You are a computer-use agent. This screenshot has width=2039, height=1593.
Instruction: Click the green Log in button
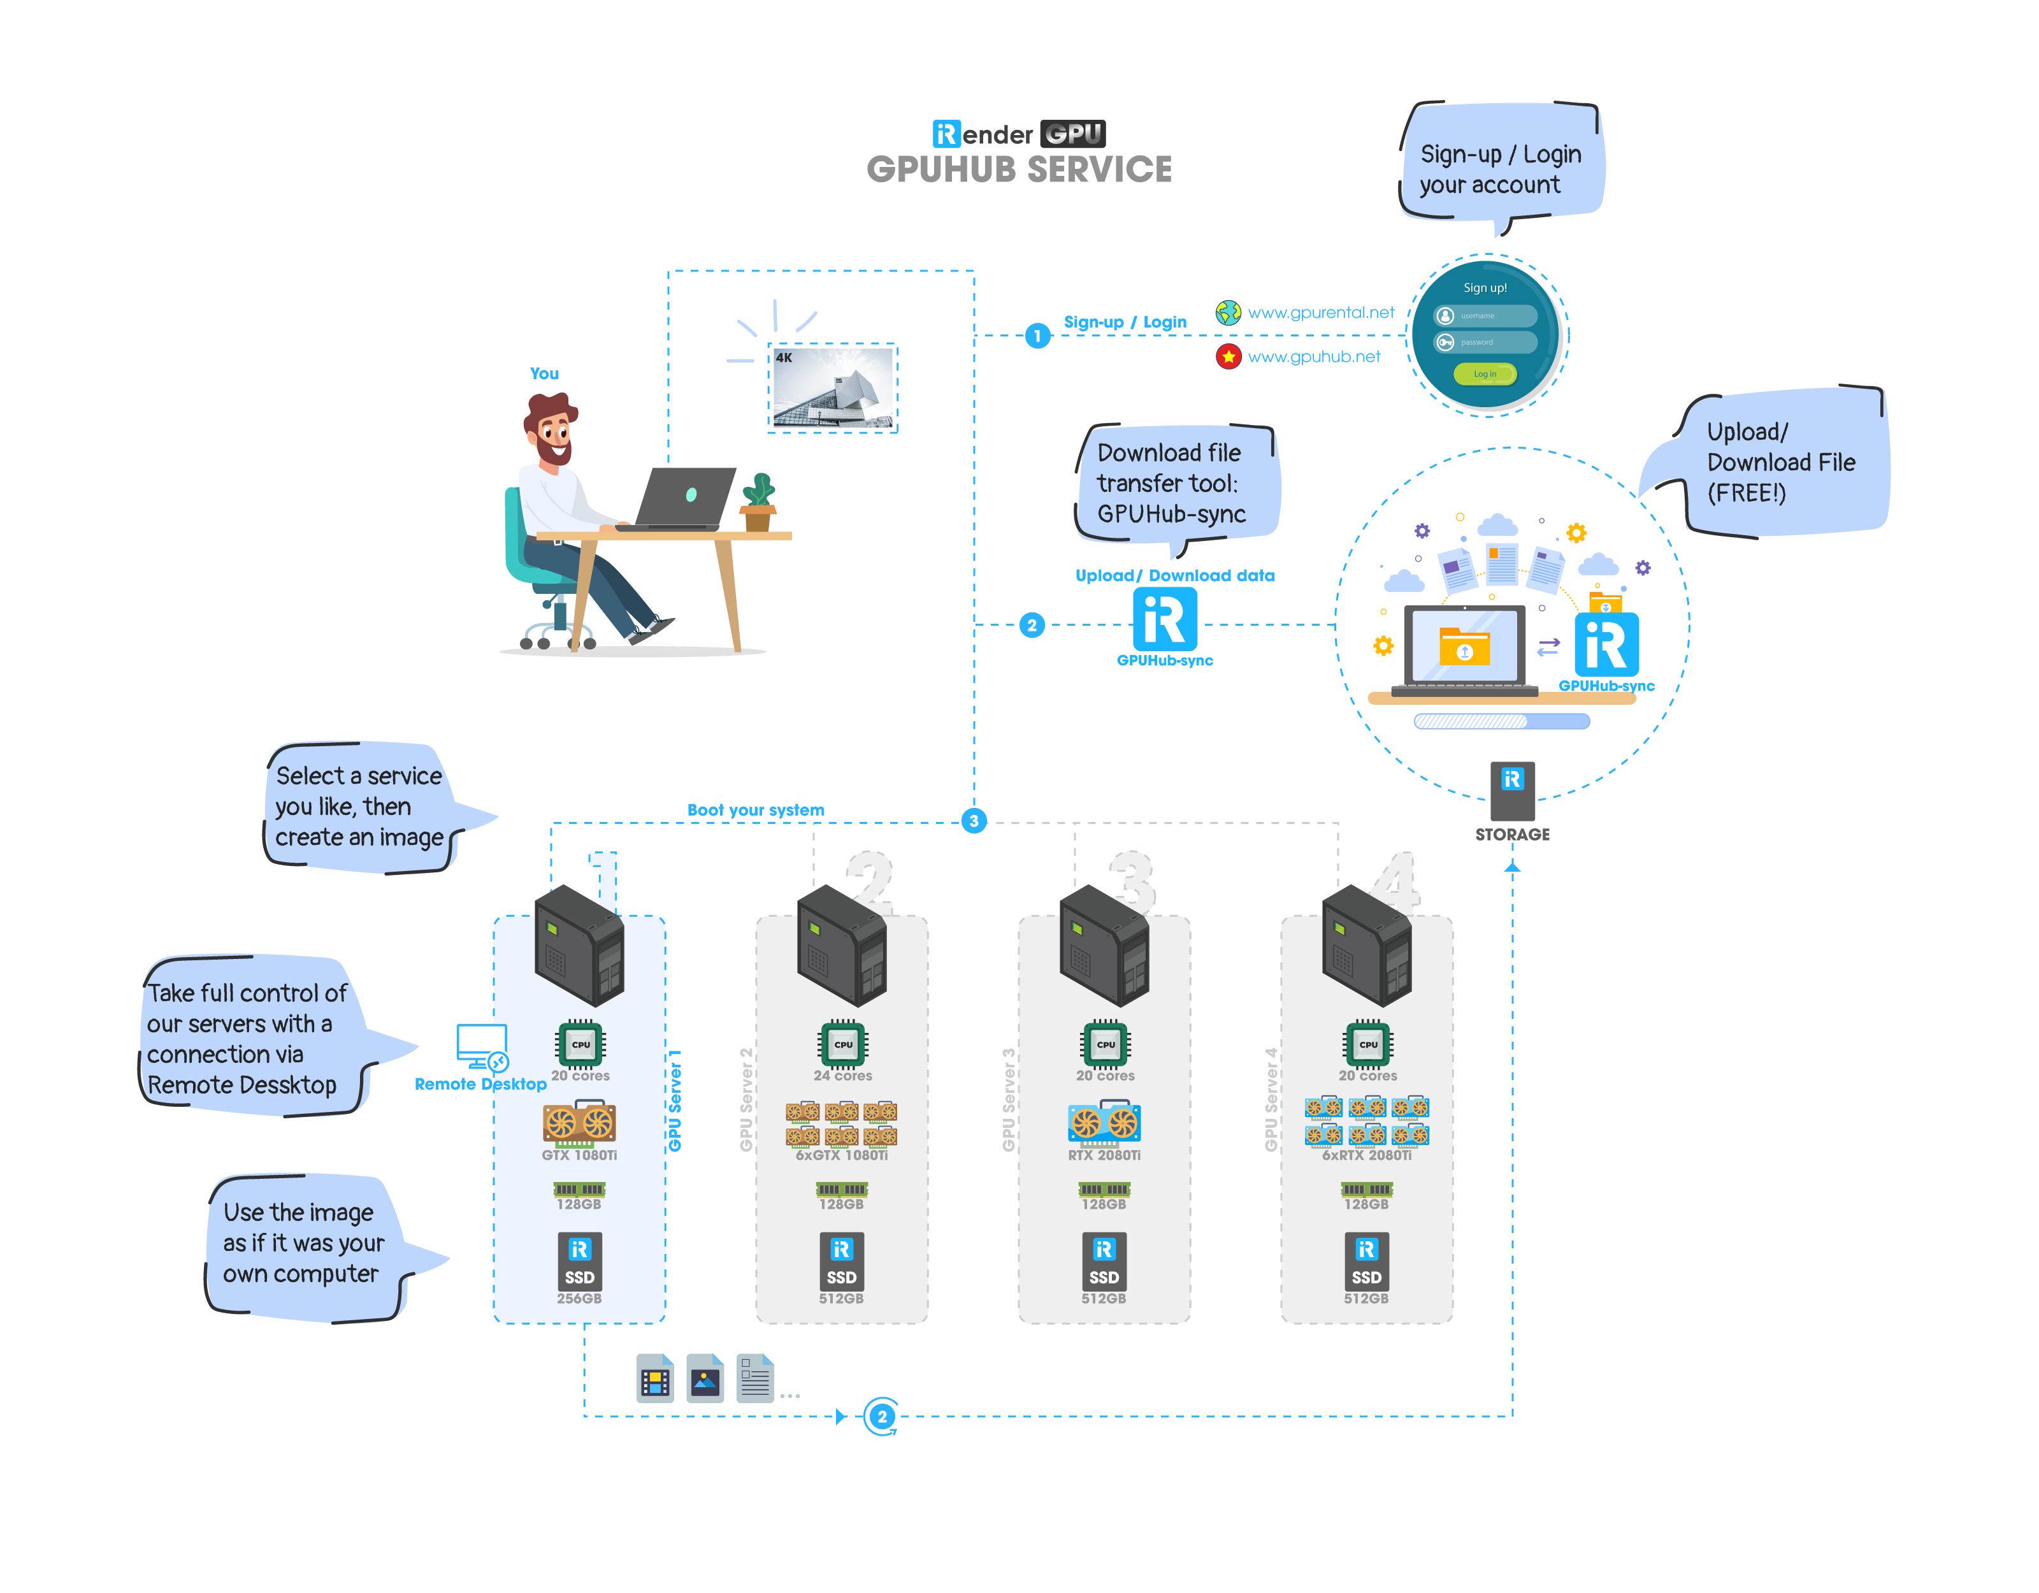(x=1485, y=373)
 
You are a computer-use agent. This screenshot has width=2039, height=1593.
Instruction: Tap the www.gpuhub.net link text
(x=1314, y=357)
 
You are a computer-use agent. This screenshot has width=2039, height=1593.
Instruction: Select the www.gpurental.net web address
(x=1320, y=313)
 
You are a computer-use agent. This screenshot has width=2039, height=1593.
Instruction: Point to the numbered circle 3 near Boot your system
(x=974, y=821)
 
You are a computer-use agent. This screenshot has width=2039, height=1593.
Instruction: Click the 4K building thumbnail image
(x=833, y=387)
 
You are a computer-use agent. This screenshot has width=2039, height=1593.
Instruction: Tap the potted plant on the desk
(x=758, y=501)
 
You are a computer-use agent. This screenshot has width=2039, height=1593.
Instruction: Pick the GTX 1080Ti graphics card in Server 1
(x=579, y=1123)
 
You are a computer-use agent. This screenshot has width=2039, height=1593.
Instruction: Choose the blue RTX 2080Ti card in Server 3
(x=1104, y=1123)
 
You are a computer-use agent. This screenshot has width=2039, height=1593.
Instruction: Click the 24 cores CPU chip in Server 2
(x=842, y=1044)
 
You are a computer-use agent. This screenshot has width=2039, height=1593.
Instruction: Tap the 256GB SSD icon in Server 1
(x=579, y=1260)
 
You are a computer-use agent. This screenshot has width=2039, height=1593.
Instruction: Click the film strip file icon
(x=654, y=1378)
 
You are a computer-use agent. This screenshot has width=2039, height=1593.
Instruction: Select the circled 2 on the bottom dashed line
(x=881, y=1416)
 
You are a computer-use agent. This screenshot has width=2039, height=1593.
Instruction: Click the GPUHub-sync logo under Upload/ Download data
(x=1164, y=619)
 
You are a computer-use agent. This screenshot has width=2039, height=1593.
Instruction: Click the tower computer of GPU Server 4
(x=1366, y=945)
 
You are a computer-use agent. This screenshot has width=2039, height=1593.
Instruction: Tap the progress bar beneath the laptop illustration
(x=1501, y=721)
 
